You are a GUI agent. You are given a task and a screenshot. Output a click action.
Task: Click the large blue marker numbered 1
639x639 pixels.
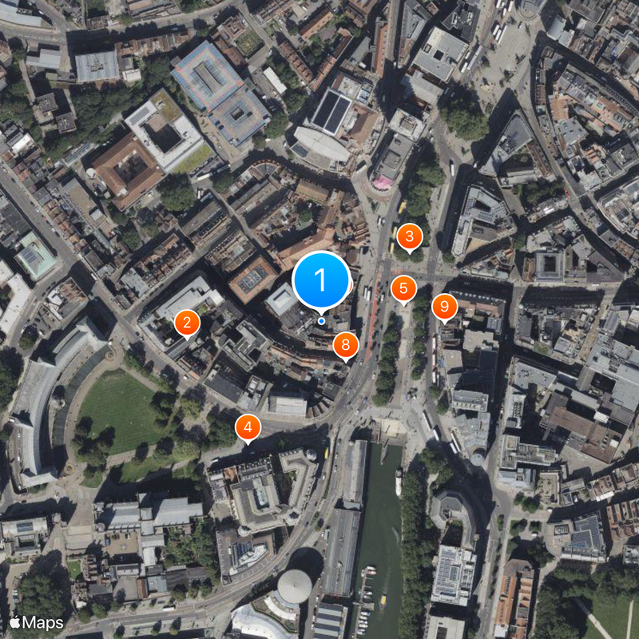[321, 280]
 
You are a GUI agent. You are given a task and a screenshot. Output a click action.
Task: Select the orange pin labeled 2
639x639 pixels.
[187, 323]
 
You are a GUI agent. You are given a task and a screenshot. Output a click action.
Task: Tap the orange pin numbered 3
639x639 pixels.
[410, 236]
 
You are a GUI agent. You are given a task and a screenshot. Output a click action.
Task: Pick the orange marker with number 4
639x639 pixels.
[248, 427]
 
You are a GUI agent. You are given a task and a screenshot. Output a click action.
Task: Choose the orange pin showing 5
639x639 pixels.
[403, 288]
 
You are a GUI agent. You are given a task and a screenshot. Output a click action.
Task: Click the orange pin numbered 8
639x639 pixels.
[345, 345]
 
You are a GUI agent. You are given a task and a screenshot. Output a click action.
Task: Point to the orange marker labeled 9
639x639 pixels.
[444, 306]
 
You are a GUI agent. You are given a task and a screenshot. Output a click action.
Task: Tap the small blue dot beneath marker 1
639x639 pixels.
[321, 320]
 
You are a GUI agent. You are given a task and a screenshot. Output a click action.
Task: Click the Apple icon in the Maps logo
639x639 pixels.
[14, 621]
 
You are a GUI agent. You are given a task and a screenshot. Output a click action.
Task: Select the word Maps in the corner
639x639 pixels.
[44, 621]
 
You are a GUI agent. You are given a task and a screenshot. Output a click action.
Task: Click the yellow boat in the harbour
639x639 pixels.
[383, 601]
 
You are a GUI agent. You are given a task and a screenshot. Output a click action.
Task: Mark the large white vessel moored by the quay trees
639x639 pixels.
[398, 482]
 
